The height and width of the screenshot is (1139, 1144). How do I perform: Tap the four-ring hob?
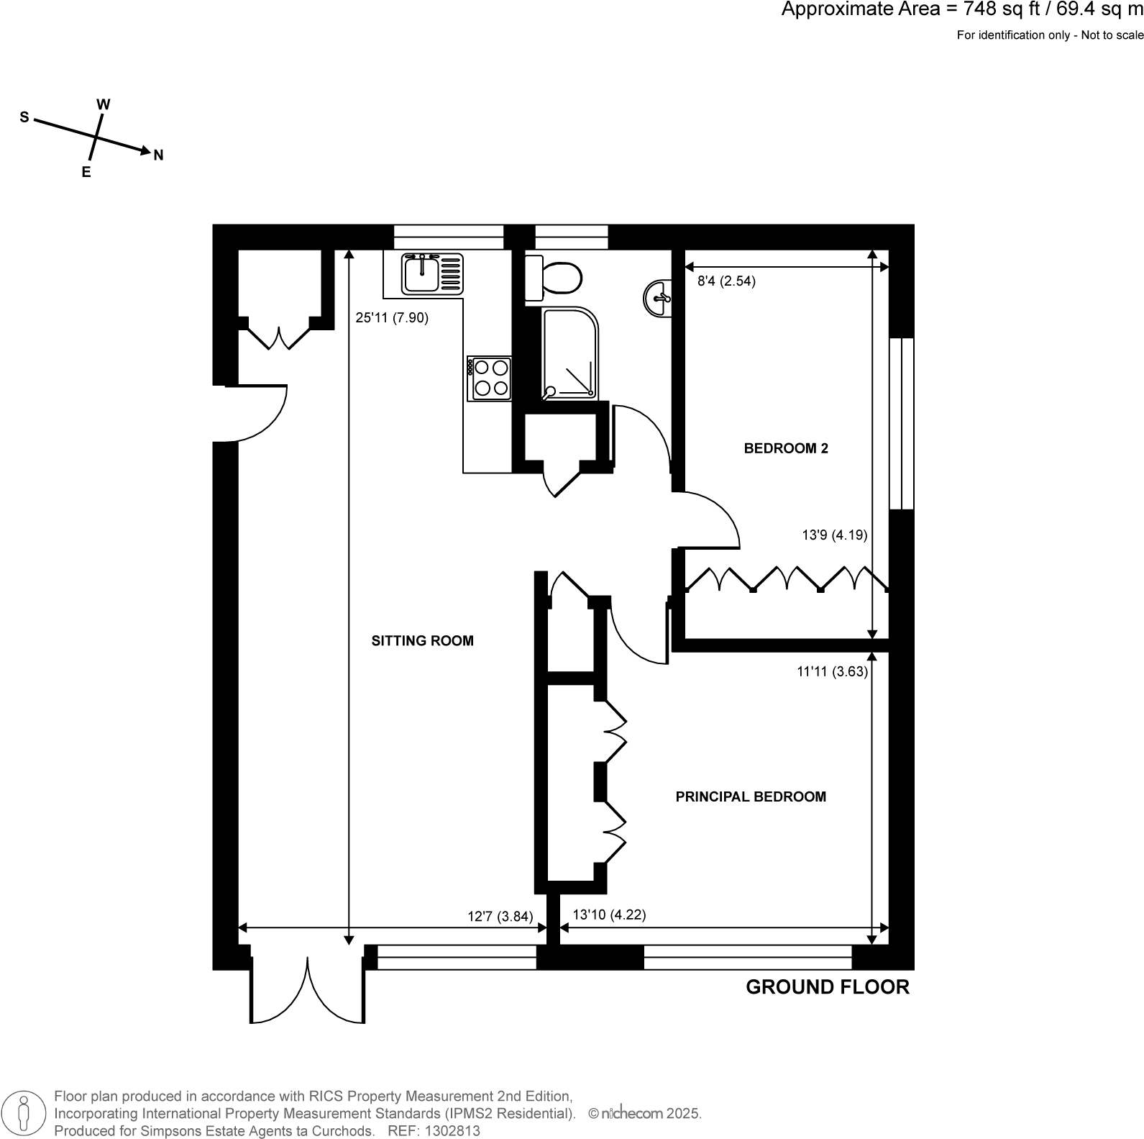pos(490,378)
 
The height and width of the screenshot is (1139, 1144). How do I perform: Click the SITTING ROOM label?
pos(422,640)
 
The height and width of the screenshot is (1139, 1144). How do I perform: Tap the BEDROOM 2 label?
pos(785,448)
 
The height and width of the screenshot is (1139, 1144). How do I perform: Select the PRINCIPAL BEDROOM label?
pos(750,797)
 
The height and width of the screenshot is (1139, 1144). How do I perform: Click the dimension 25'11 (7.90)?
pos(392,317)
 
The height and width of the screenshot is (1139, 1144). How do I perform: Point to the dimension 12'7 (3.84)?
pos(500,916)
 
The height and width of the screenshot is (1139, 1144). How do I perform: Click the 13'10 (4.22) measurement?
pos(609,915)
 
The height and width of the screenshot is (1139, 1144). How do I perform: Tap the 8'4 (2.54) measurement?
pos(726,281)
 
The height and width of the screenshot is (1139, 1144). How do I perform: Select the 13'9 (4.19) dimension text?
pos(834,535)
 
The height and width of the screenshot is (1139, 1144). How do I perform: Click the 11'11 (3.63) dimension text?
pos(832,671)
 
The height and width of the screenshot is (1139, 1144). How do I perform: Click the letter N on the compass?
pos(159,155)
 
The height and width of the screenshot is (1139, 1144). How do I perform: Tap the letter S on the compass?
pos(24,117)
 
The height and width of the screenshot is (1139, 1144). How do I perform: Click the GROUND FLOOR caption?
pos(827,986)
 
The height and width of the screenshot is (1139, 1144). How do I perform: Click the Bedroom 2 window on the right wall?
pos(901,424)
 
